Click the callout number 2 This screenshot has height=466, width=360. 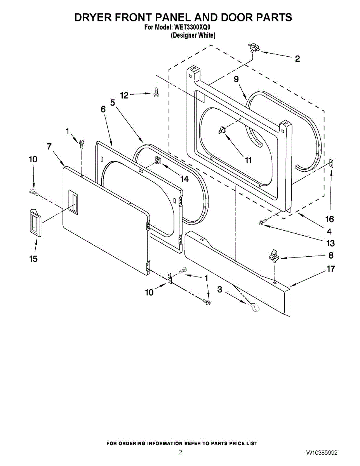297,59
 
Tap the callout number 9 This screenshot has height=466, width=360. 236,79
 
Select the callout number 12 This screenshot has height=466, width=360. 124,95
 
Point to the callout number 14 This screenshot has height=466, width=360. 184,179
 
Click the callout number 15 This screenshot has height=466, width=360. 34,259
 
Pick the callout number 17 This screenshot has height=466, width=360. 330,269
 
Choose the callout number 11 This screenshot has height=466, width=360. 248,160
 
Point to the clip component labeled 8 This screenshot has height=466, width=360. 273,256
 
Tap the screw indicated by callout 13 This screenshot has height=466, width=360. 263,223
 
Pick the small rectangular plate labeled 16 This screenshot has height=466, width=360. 332,163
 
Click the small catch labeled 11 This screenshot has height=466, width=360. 222,130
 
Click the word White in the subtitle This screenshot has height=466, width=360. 206,35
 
